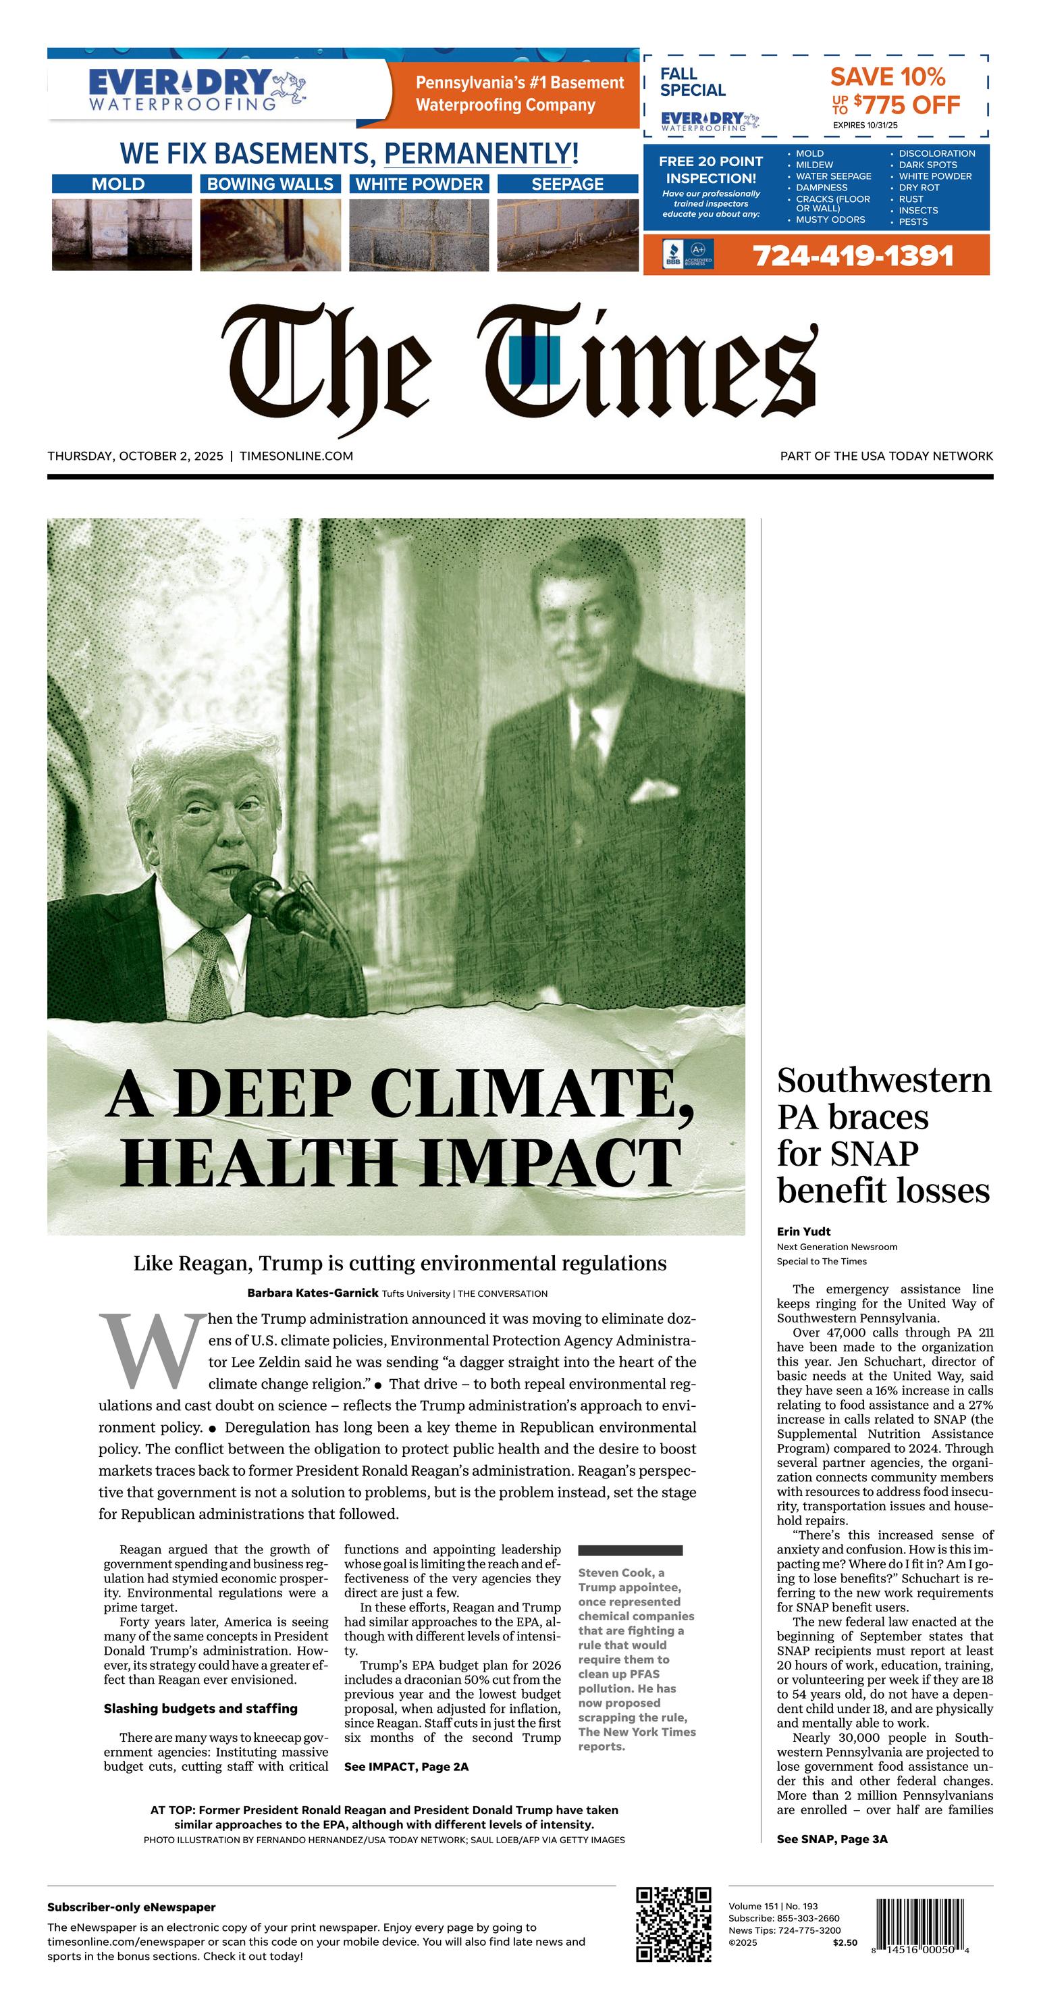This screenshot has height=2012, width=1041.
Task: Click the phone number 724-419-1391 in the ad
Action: pyautogui.click(x=853, y=256)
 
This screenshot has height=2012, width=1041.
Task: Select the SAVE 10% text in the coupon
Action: pyautogui.click(x=887, y=77)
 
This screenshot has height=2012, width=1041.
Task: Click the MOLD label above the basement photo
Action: pyautogui.click(x=119, y=184)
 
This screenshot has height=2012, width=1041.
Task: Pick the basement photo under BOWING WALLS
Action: pyautogui.click(x=270, y=234)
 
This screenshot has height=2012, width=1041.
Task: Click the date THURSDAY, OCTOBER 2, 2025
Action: pyautogui.click(x=135, y=456)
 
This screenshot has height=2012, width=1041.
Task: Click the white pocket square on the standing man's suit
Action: pyautogui.click(x=653, y=791)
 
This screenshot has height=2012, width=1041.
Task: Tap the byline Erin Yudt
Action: pyautogui.click(x=803, y=1232)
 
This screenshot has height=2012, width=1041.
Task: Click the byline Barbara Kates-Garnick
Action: pyautogui.click(x=313, y=1293)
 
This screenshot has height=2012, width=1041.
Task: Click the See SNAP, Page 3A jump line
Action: pyautogui.click(x=832, y=1839)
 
